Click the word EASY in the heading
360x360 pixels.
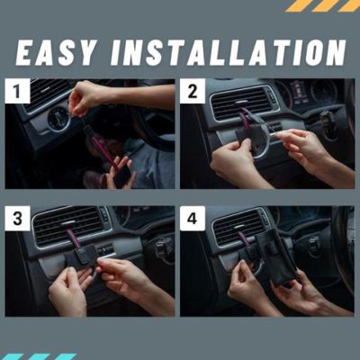click(55, 52)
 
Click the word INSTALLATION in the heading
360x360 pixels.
click(228, 52)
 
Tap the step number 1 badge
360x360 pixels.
click(17, 91)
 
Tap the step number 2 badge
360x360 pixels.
click(193, 91)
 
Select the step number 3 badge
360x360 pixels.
click(17, 219)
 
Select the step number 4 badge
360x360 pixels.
click(193, 219)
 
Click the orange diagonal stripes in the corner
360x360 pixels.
click(322, 5)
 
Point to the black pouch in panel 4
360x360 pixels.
click(275, 258)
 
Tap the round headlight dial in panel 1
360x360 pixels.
click(58, 120)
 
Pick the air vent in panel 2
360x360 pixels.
click(240, 103)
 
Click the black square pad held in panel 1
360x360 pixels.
click(121, 175)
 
